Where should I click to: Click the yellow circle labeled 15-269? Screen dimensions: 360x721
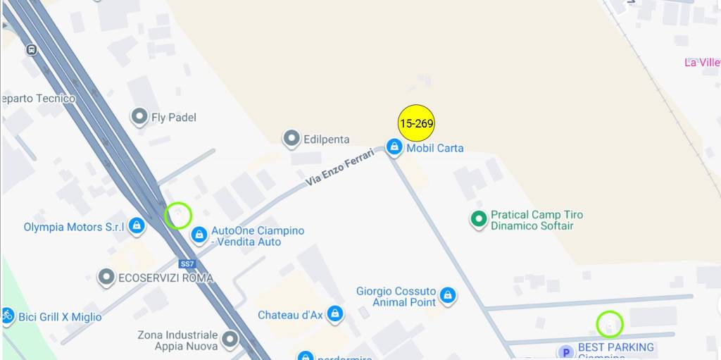click(416, 123)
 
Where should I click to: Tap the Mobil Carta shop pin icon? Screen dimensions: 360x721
click(394, 147)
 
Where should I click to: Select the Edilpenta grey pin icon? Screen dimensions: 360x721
click(291, 139)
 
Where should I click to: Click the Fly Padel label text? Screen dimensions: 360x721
click(173, 118)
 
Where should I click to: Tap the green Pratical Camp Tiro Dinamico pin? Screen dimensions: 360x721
click(479, 219)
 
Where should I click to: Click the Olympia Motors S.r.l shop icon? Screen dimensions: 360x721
click(137, 225)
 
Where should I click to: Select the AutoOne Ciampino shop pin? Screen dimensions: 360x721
click(199, 234)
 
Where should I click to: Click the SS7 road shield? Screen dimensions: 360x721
click(187, 263)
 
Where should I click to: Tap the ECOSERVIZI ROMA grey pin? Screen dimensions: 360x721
click(106, 277)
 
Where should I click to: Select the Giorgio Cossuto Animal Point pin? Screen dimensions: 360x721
click(447, 294)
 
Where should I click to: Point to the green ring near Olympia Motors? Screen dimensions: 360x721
click(178, 215)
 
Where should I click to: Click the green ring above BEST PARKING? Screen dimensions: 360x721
click(610, 324)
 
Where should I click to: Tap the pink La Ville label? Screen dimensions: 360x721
click(702, 62)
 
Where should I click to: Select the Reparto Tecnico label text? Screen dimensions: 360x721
click(38, 99)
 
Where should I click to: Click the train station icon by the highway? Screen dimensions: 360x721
click(31, 50)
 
